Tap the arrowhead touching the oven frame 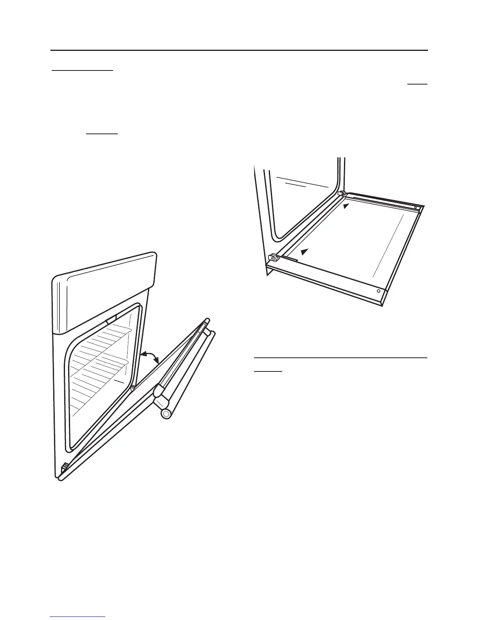[143, 354]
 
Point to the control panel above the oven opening [105, 297]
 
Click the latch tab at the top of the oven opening [111, 320]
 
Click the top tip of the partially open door [206, 322]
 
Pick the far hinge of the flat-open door [342, 194]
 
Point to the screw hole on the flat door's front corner [378, 291]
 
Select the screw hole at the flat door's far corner [416, 207]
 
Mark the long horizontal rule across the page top [239, 50]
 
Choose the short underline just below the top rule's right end [418, 84]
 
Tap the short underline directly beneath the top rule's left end [83, 70]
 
